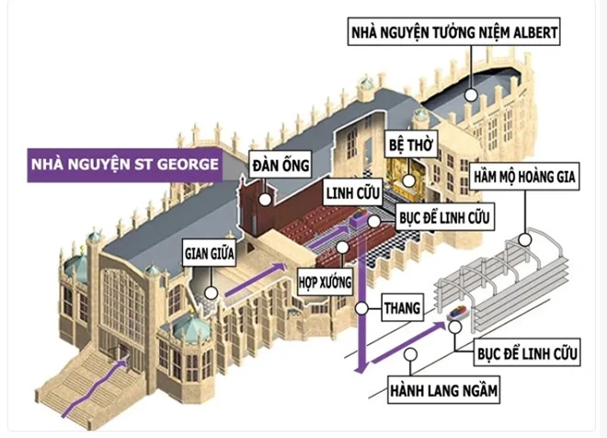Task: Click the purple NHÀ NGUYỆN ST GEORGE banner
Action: click(x=124, y=167)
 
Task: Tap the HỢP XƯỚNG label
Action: click(x=326, y=282)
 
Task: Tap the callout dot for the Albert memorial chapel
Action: click(x=472, y=93)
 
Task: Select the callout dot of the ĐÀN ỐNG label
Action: click(x=264, y=197)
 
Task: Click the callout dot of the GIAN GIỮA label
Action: click(x=211, y=294)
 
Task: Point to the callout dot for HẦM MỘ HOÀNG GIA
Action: click(x=525, y=238)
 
